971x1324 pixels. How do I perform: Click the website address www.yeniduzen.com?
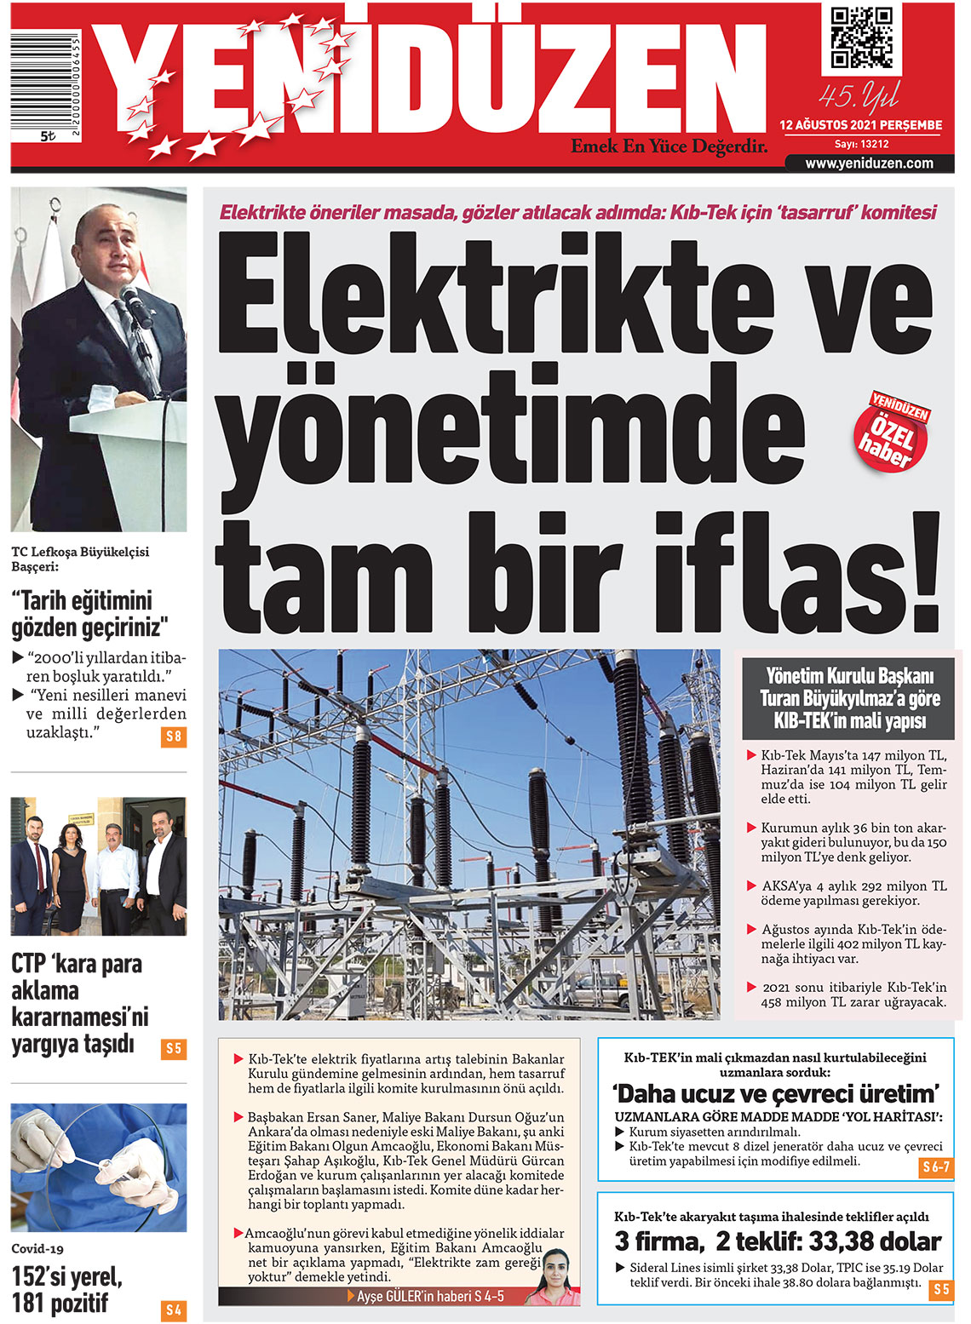(x=869, y=163)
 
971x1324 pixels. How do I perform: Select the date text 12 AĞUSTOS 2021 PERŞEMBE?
(x=860, y=125)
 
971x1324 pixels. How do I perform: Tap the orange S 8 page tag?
(x=173, y=737)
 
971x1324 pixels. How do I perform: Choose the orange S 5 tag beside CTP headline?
(x=173, y=1048)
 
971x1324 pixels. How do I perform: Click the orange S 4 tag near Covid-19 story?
(x=173, y=1310)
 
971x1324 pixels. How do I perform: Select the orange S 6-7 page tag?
(x=935, y=1167)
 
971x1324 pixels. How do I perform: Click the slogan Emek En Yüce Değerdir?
(x=669, y=146)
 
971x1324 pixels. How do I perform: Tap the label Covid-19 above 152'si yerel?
(x=37, y=1249)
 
